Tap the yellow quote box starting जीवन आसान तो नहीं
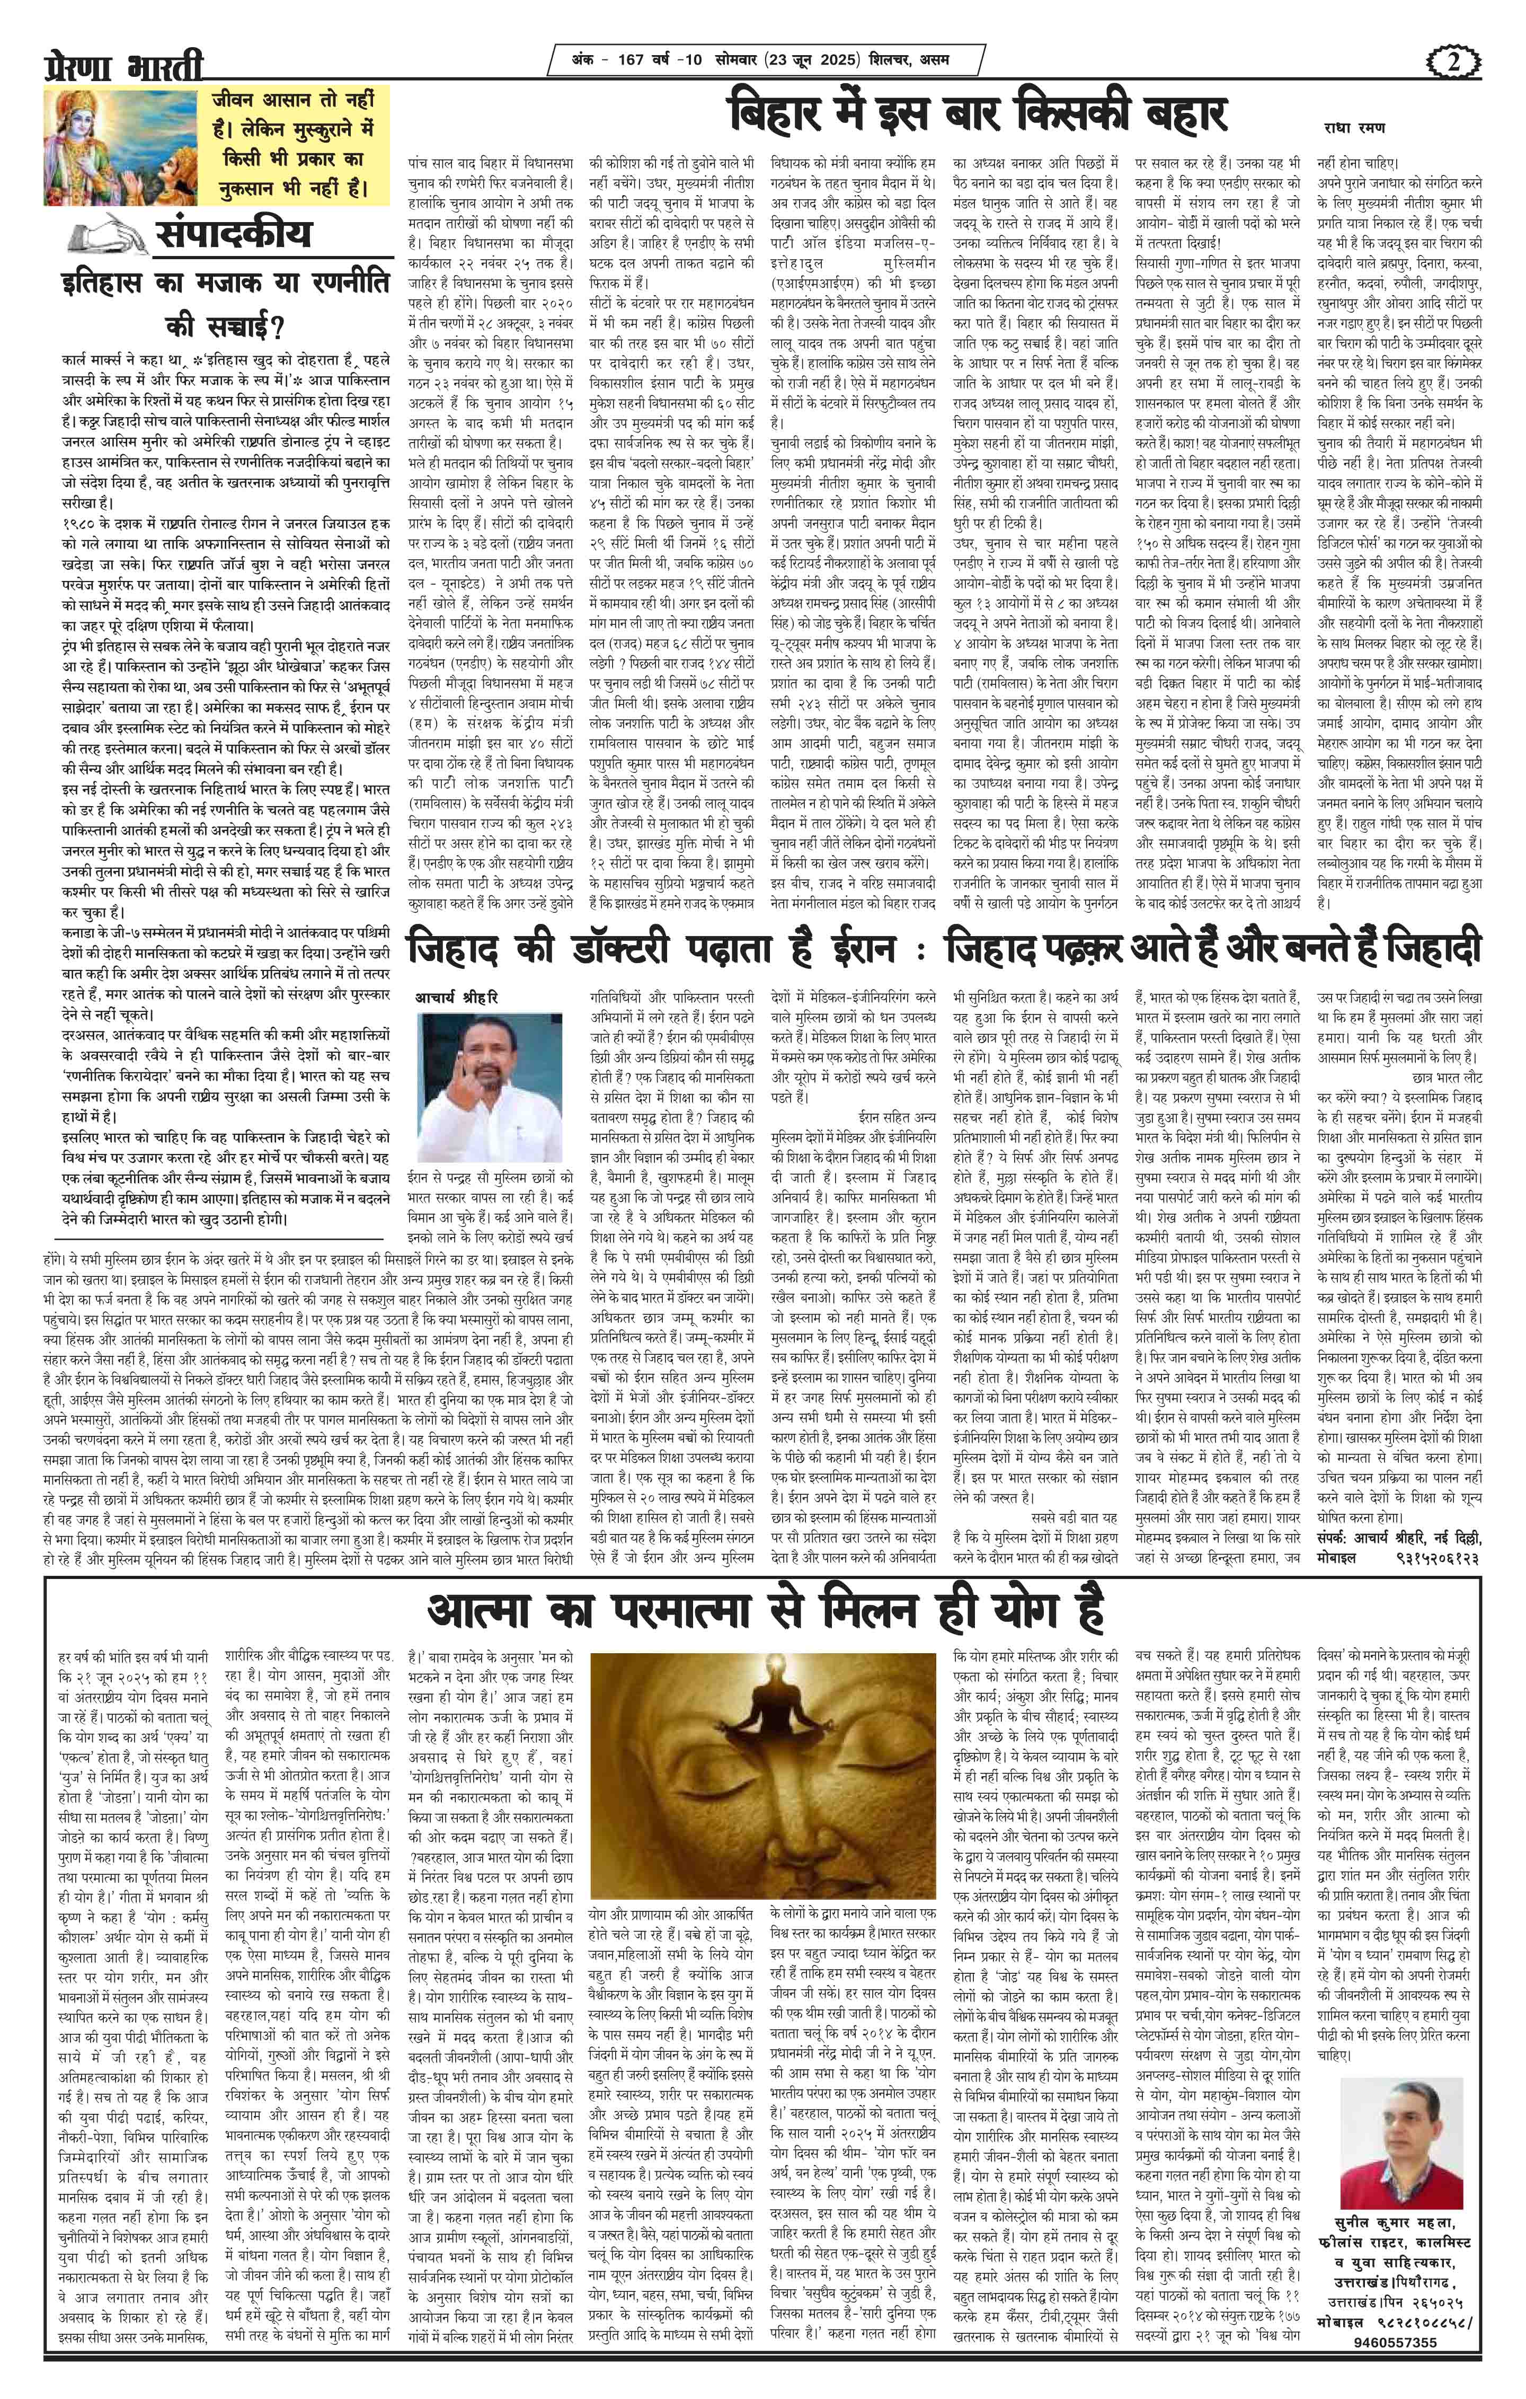(x=289, y=145)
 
